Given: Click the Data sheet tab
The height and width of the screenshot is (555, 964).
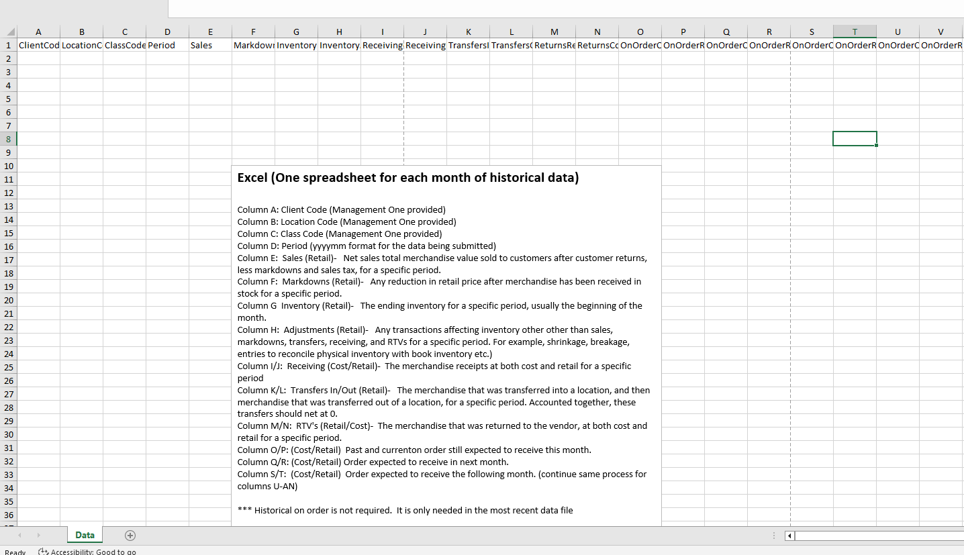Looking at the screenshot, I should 85,535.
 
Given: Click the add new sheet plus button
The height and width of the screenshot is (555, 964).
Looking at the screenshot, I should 130,535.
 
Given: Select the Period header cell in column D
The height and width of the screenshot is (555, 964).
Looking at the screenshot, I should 167,45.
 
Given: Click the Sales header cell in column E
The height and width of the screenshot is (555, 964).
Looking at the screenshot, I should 210,45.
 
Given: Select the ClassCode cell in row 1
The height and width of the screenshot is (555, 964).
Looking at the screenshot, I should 124,45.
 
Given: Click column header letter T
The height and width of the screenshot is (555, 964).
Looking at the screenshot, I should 855,32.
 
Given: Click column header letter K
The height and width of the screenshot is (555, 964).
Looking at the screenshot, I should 468,32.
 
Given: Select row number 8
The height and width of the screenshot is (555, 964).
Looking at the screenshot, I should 8,139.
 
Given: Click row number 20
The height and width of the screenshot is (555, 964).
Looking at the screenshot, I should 8,300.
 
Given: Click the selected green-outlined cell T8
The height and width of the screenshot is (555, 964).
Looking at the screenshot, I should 855,139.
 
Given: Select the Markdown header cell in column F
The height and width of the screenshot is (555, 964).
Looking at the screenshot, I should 253,45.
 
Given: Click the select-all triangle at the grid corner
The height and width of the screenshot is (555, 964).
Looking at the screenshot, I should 9,32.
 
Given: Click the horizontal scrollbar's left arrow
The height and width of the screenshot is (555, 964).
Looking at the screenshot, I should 789,536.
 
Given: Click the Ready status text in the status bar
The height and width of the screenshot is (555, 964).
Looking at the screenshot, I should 15,552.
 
